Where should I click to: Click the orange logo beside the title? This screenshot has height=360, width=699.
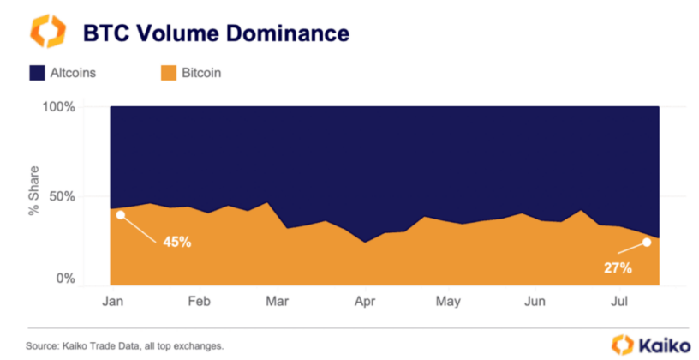click(x=47, y=31)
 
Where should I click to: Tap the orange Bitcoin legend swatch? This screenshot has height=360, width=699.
click(x=167, y=73)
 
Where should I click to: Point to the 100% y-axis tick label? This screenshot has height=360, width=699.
click(x=60, y=107)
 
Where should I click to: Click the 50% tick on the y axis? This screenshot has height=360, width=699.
click(x=64, y=196)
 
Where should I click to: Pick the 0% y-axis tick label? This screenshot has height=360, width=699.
click(x=68, y=279)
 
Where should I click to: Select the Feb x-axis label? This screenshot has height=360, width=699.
click(x=199, y=302)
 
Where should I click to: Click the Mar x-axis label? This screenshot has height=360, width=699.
click(x=277, y=302)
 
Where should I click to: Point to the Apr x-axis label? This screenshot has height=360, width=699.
click(x=365, y=302)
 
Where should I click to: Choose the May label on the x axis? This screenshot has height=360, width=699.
click(x=448, y=302)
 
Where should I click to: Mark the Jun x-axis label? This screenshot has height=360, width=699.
click(x=535, y=302)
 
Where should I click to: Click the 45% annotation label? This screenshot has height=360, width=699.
click(x=177, y=242)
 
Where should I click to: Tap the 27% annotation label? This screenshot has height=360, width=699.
click(x=618, y=268)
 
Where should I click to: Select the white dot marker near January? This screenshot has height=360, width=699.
click(x=121, y=215)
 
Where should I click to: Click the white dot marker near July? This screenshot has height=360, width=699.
click(x=647, y=243)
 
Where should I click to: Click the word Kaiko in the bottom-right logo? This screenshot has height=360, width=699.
click(x=666, y=345)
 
